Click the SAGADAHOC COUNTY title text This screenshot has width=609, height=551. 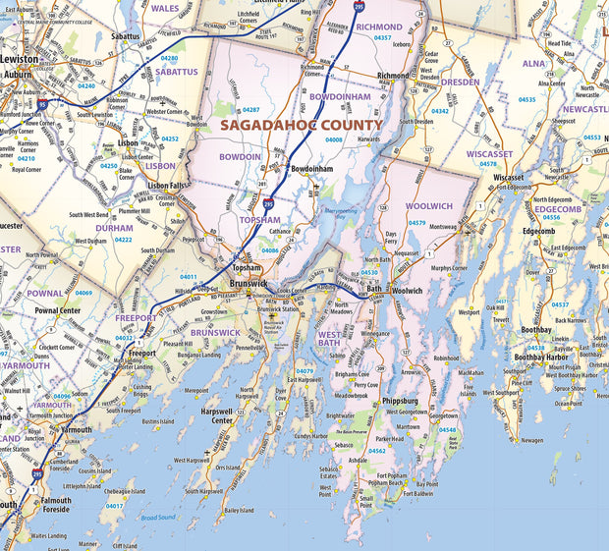(302, 126)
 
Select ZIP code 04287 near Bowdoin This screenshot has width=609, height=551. (250, 110)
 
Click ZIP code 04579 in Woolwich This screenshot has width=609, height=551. (417, 223)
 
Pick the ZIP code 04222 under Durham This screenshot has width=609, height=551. (123, 239)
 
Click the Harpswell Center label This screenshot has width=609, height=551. (216, 415)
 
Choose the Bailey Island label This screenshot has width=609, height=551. (239, 511)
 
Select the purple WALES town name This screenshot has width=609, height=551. (165, 7)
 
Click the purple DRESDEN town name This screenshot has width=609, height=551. (460, 83)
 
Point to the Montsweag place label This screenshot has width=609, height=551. (443, 227)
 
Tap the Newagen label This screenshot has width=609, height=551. (531, 440)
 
